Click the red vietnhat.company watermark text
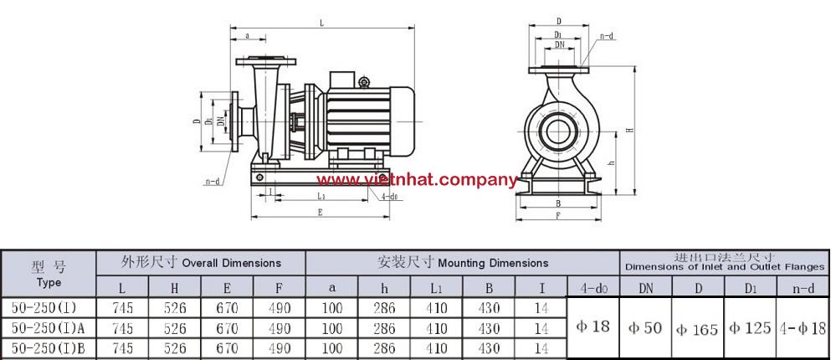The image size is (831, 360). click(417, 180)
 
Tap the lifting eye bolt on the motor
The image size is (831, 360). click(363, 82)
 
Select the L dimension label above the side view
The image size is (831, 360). click(321, 23)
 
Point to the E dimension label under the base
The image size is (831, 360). click(320, 212)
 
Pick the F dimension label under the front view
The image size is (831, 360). click(558, 214)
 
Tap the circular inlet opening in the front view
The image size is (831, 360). click(558, 131)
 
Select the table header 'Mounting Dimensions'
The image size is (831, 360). click(493, 262)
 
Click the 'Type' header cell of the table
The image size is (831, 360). click(49, 283)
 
